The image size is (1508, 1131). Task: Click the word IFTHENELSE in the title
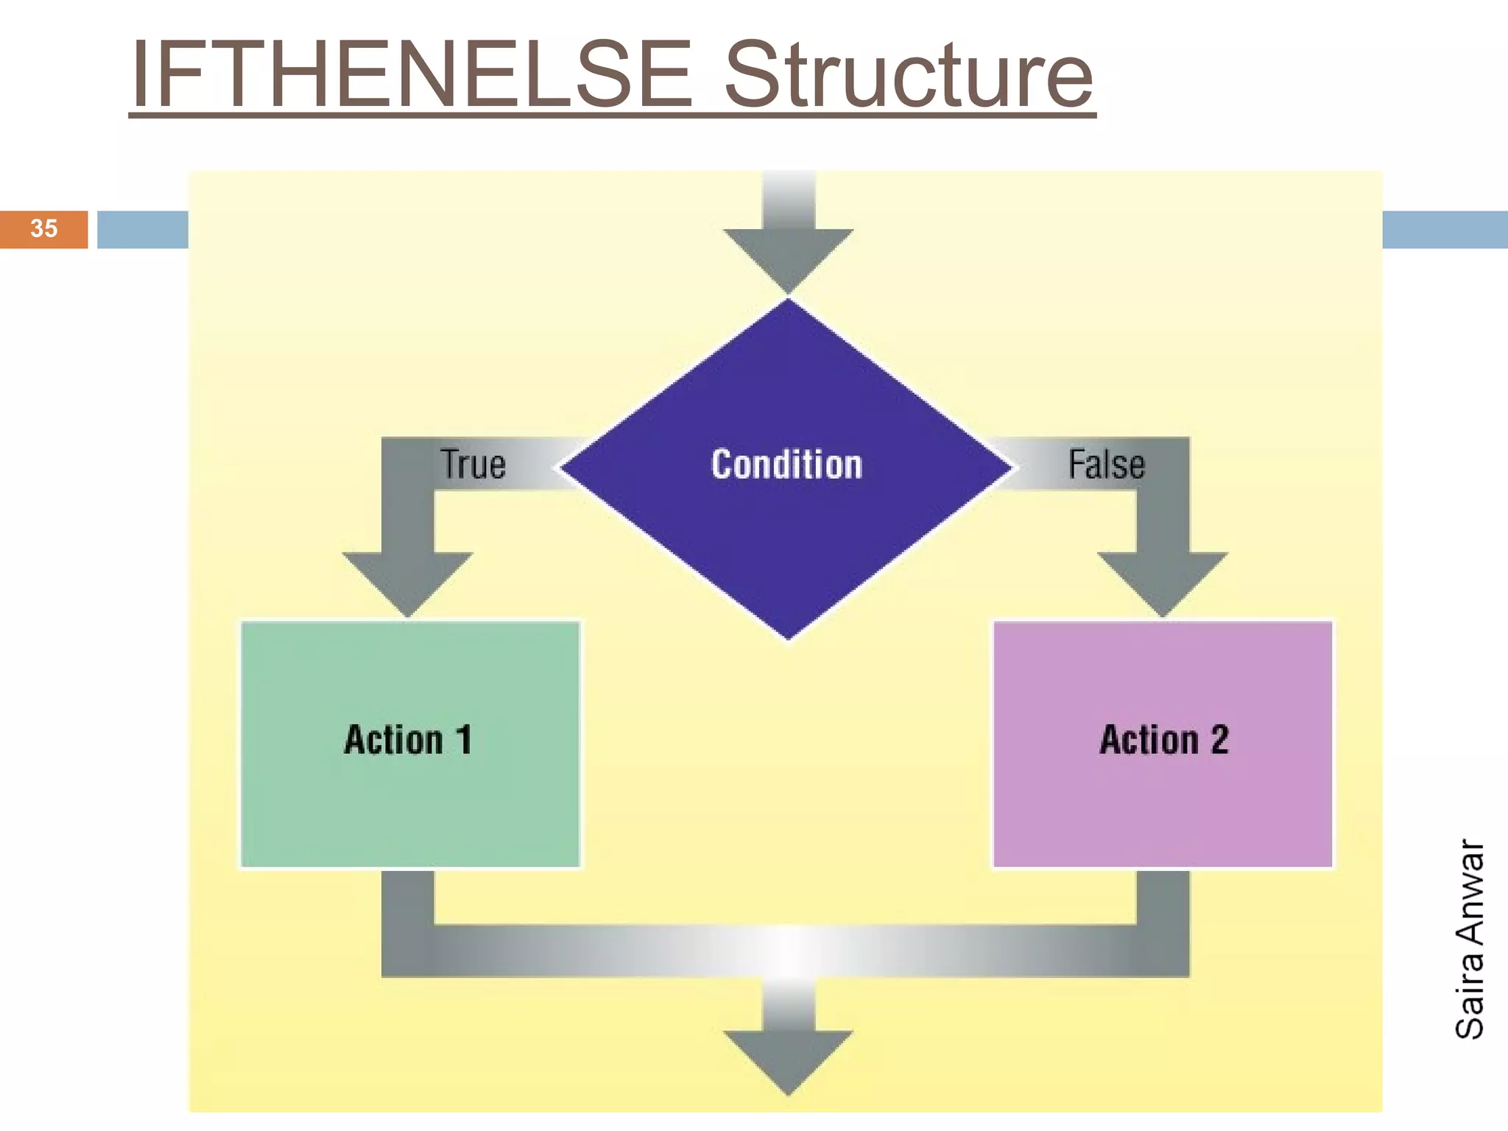[x=412, y=75]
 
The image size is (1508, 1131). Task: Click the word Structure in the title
[x=909, y=75]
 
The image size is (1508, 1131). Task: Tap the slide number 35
[x=44, y=228]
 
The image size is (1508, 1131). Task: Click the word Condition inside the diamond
[x=786, y=465]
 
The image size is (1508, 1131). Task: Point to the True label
[x=473, y=465]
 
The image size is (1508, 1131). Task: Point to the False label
[x=1107, y=465]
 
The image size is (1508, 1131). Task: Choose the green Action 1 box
[x=410, y=810]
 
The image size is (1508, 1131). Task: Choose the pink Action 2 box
[x=1163, y=810]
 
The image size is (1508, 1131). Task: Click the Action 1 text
[x=408, y=739]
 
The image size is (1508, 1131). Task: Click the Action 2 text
[x=1164, y=739]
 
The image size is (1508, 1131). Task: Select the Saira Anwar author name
[x=1470, y=940]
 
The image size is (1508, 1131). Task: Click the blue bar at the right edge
[x=1445, y=230]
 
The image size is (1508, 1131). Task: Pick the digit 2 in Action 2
[x=1219, y=739]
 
